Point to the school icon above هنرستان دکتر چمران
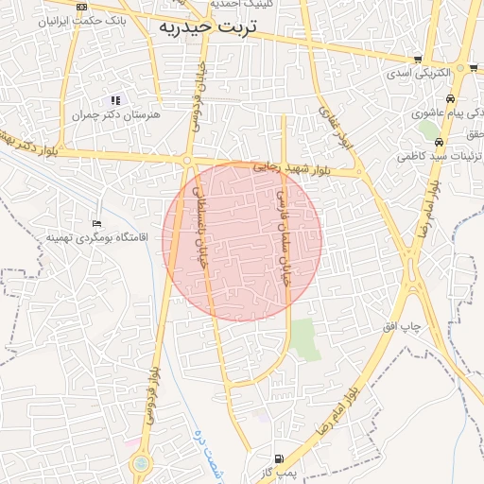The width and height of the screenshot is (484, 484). click(115, 99)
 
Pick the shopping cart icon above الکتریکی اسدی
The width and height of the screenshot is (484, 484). click(418, 60)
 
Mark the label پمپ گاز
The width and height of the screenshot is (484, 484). click(279, 471)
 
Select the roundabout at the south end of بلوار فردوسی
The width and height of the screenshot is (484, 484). click(141, 463)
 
